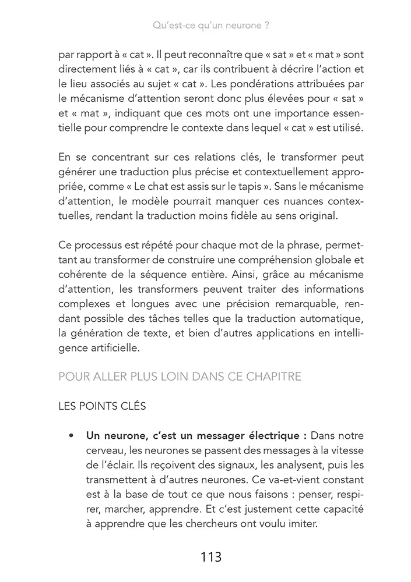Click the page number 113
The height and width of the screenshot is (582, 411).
click(x=210, y=557)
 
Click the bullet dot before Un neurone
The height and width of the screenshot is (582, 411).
click(x=71, y=435)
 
